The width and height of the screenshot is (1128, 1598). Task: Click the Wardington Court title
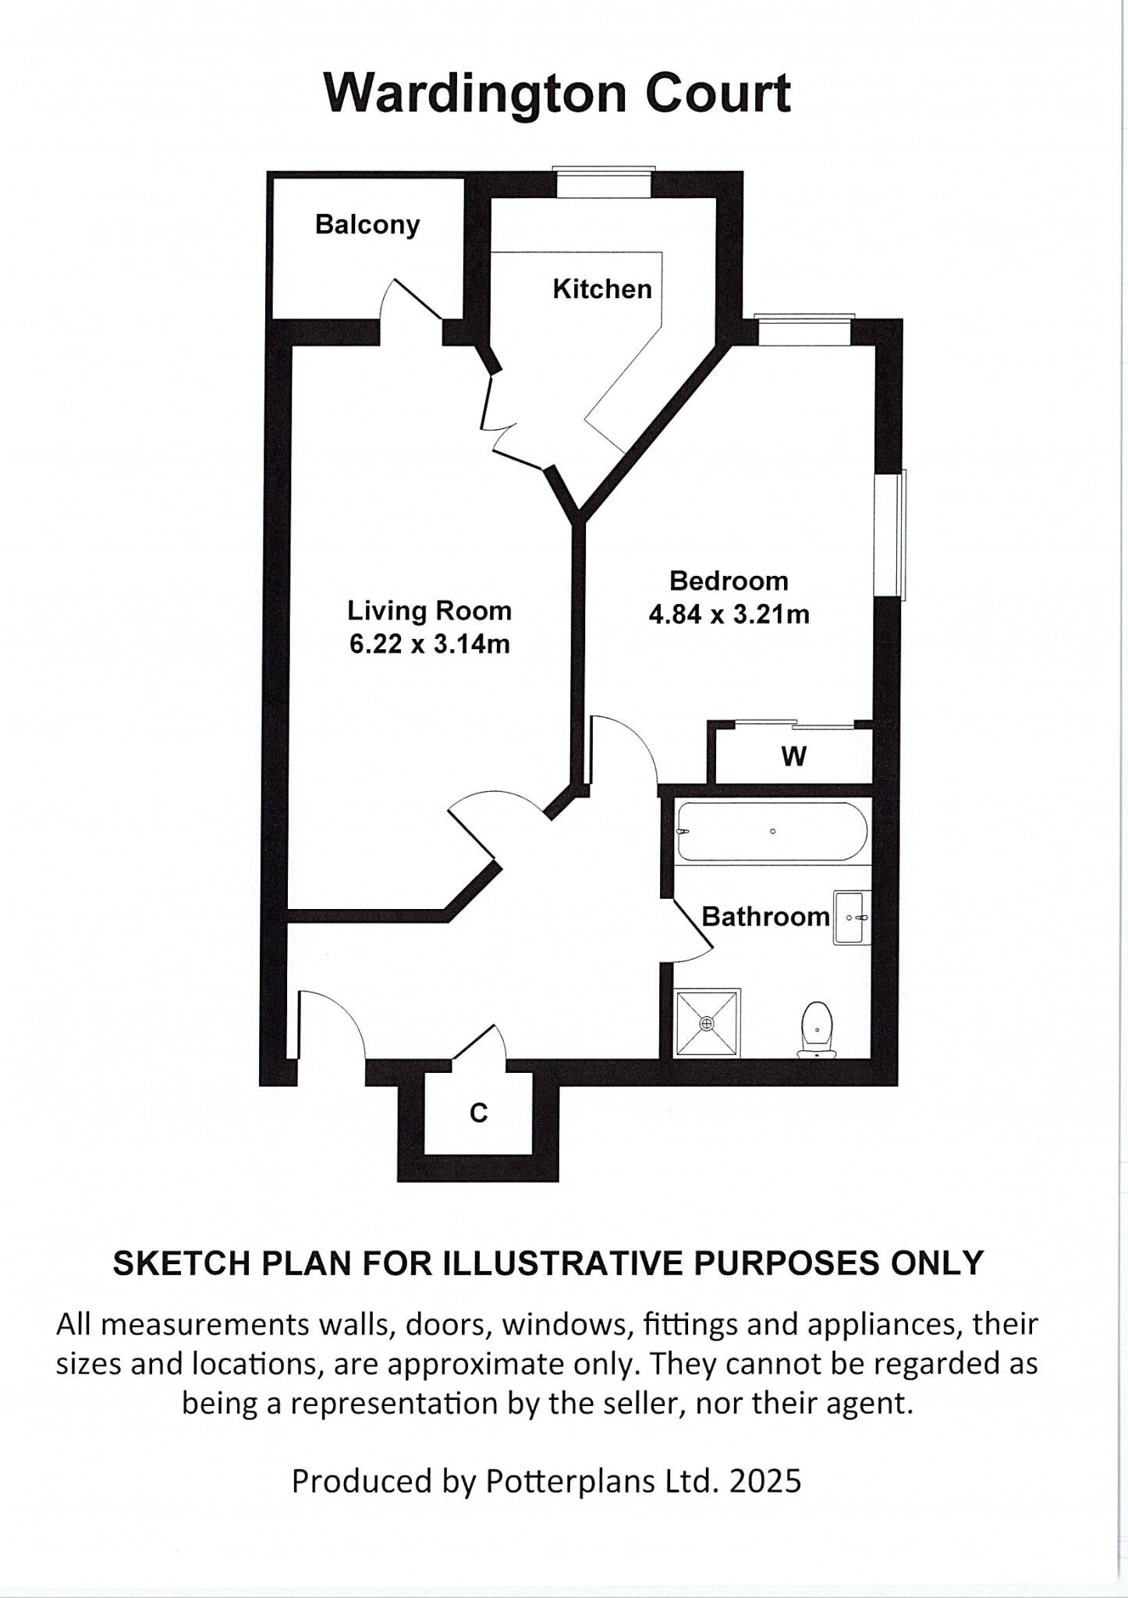557,93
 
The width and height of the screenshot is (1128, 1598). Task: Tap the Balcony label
367,225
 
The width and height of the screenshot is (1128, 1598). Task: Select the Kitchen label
601,289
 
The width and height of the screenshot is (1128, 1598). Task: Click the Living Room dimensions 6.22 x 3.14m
429,645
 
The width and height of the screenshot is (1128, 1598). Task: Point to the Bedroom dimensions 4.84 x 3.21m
729,615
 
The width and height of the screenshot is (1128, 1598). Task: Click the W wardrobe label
793,756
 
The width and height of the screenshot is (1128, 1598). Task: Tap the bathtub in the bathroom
771,832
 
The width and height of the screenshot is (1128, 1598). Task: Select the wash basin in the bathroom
851,918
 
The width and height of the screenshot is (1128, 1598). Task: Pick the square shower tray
707,1022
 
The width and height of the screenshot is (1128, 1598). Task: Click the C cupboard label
478,1113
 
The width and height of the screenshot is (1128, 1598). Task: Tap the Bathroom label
764,917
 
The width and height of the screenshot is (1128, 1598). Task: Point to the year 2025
764,1480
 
